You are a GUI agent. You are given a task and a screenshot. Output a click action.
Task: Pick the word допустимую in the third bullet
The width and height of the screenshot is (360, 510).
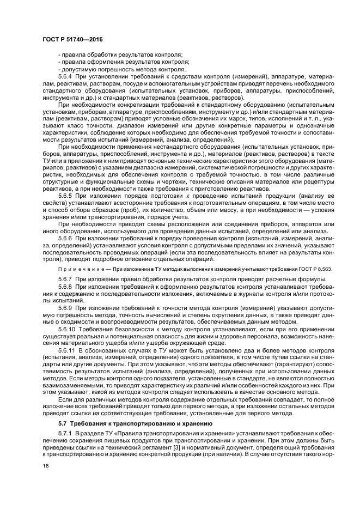[x=81, y=69]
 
